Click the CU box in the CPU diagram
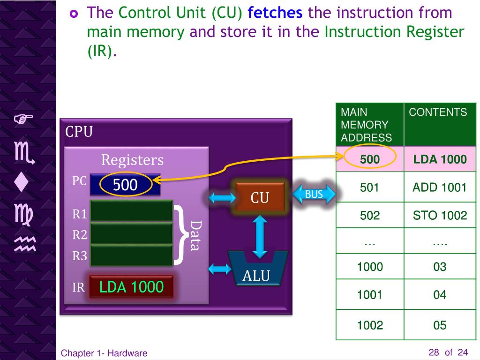(x=260, y=197)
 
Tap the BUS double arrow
(x=314, y=194)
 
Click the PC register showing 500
(x=125, y=185)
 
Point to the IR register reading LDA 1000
(x=131, y=286)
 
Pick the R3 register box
(x=131, y=256)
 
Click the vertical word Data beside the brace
(x=195, y=235)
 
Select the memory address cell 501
(x=370, y=188)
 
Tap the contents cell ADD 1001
(x=439, y=188)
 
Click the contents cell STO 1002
(x=439, y=216)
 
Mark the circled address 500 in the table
(x=370, y=159)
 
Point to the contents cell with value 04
(x=439, y=295)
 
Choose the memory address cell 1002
(x=370, y=325)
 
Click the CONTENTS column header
(x=438, y=112)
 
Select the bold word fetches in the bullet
(x=275, y=13)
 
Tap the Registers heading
(x=133, y=160)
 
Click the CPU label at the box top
(x=79, y=132)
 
